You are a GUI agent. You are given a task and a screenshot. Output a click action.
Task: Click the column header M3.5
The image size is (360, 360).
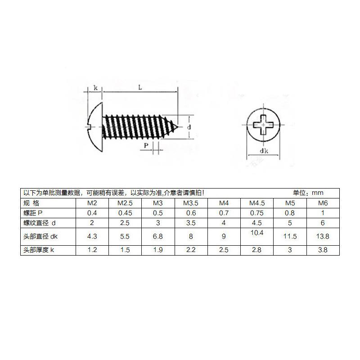point(191,203)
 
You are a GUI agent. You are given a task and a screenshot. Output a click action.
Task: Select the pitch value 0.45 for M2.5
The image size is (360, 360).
point(125,213)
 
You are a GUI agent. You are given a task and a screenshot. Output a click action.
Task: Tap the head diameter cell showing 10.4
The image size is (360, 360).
point(256,232)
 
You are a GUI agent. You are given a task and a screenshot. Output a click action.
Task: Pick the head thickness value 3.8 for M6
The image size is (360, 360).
point(323,250)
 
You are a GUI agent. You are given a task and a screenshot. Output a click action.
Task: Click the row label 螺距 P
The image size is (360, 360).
point(33,213)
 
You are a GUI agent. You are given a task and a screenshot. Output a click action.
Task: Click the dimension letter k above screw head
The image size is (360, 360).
point(96,88)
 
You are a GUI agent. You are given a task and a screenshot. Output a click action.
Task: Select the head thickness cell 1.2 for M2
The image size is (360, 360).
point(92,250)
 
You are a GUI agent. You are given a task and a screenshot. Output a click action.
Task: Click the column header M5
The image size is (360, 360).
point(290,203)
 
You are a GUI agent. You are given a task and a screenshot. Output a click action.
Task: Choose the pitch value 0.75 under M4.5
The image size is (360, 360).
point(256,213)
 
